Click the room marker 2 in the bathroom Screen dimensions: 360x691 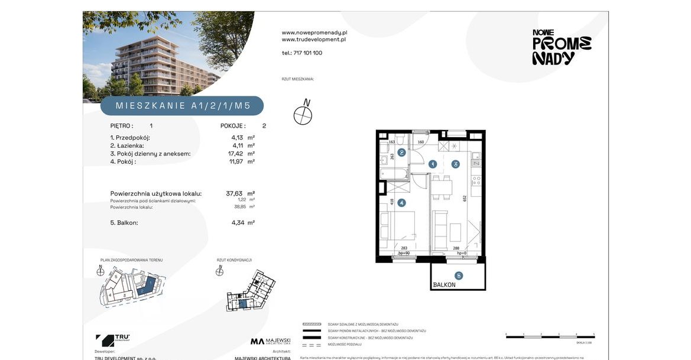(401, 153)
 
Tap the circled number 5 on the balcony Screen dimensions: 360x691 (458, 275)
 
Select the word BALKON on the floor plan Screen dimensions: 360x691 (444, 285)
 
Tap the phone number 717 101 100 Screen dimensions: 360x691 (301, 53)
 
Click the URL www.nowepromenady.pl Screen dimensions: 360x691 (314, 33)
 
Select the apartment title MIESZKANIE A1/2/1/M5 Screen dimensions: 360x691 (182, 106)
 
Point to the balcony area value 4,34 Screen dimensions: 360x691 (239, 223)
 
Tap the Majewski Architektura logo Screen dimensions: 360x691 (270, 341)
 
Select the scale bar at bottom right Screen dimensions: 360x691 (550, 335)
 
